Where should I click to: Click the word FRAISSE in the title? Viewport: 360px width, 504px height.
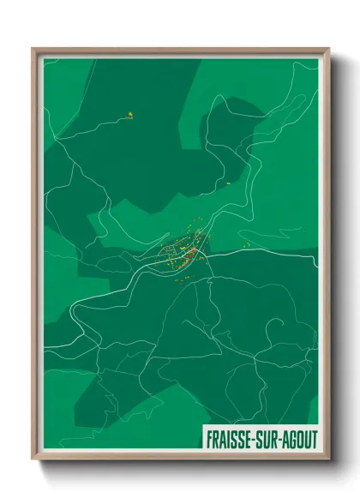[231, 438]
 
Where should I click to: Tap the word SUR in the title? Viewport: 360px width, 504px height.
[268, 438]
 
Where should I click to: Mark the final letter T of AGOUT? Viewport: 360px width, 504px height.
[314, 438]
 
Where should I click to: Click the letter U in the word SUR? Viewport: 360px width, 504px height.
[268, 438]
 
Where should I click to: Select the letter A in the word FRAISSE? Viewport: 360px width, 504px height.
[223, 438]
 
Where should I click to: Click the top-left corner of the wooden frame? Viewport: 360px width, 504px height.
[33, 49]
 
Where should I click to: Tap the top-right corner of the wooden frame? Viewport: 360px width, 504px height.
[328, 49]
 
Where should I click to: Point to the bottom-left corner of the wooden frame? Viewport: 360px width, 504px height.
[33, 460]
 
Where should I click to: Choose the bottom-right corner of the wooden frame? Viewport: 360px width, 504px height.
[328, 460]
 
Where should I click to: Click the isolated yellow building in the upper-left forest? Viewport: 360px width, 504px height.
[130, 114]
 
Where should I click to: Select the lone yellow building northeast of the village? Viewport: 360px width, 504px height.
[230, 183]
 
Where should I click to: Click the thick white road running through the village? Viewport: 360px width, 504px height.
[240, 254]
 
